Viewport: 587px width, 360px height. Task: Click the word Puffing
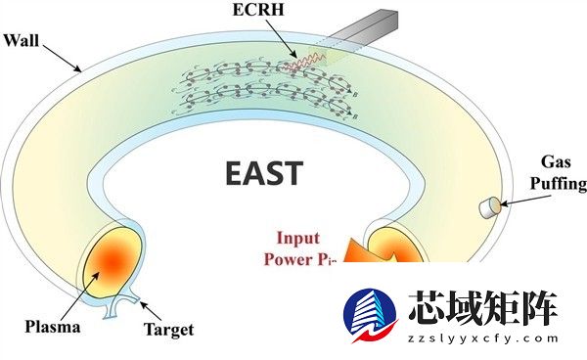(558, 183)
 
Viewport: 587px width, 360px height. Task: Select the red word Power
(287, 259)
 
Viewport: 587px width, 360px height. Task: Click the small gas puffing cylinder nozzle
(488, 206)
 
